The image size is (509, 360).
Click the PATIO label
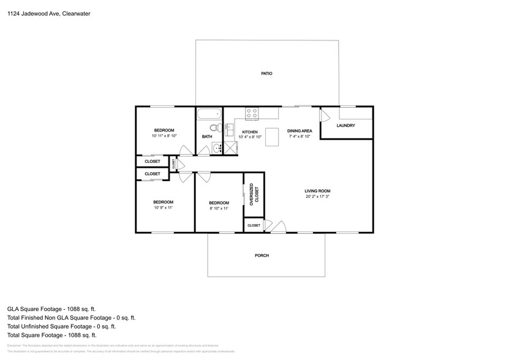[266, 73]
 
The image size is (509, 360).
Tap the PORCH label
[262, 255]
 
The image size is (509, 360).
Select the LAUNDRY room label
[345, 126]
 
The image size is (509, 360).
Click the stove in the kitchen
[252, 113]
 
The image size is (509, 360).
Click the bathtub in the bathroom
[208, 113]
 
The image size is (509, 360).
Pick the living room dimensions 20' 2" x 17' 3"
[317, 197]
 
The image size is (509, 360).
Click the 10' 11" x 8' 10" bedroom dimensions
[164, 136]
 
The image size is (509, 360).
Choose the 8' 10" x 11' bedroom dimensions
[219, 209]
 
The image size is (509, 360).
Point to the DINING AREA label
[300, 131]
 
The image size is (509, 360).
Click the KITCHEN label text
[249, 132]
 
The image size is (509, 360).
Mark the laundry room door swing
[325, 116]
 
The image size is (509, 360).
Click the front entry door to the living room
[277, 227]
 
